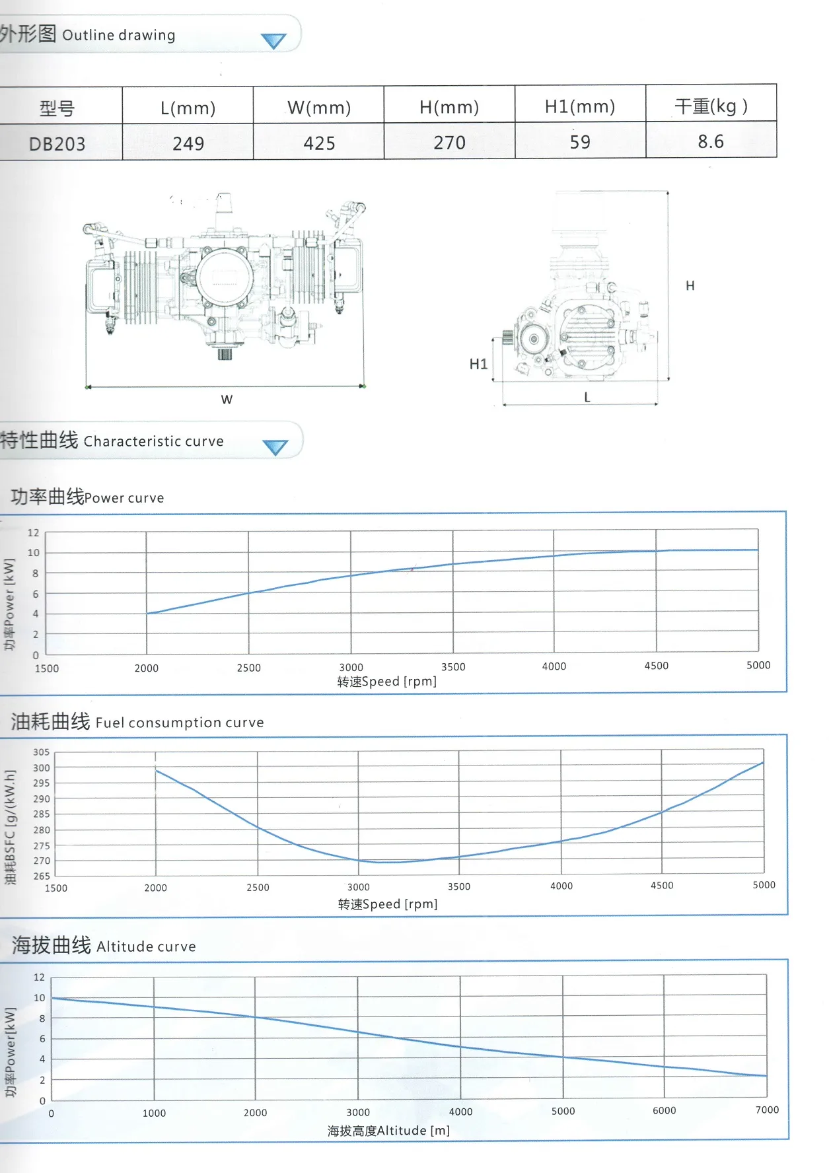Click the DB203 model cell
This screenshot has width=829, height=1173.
tap(57, 143)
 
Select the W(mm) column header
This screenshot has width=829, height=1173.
tap(319, 108)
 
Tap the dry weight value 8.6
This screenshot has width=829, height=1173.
tap(711, 141)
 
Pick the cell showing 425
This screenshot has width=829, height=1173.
tap(319, 143)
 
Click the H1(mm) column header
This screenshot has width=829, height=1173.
tap(580, 106)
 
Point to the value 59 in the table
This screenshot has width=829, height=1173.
tap(580, 142)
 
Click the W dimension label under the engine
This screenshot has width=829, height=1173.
tap(227, 400)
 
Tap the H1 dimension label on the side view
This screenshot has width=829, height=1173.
tap(478, 364)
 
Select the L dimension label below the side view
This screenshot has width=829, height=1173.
tap(587, 397)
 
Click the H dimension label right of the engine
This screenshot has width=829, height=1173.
tap(690, 285)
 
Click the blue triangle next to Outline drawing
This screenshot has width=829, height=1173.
tap(273, 41)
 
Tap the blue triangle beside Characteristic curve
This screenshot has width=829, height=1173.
tap(275, 448)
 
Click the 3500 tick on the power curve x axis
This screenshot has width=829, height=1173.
tap(453, 667)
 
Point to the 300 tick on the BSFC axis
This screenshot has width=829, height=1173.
tap(42, 767)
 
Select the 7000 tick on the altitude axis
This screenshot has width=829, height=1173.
tap(767, 1110)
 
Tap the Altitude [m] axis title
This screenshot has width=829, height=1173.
tap(389, 1131)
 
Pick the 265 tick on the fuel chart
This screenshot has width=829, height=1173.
tap(42, 876)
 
